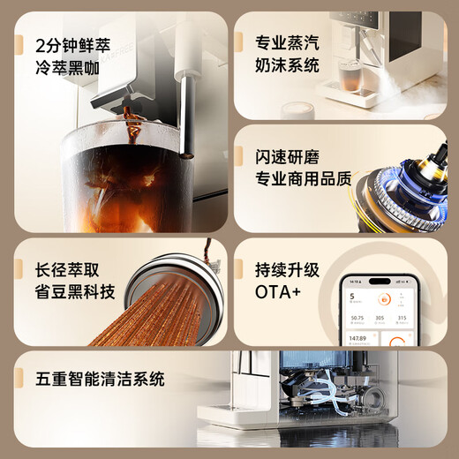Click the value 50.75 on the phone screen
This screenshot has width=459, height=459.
point(357,318)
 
